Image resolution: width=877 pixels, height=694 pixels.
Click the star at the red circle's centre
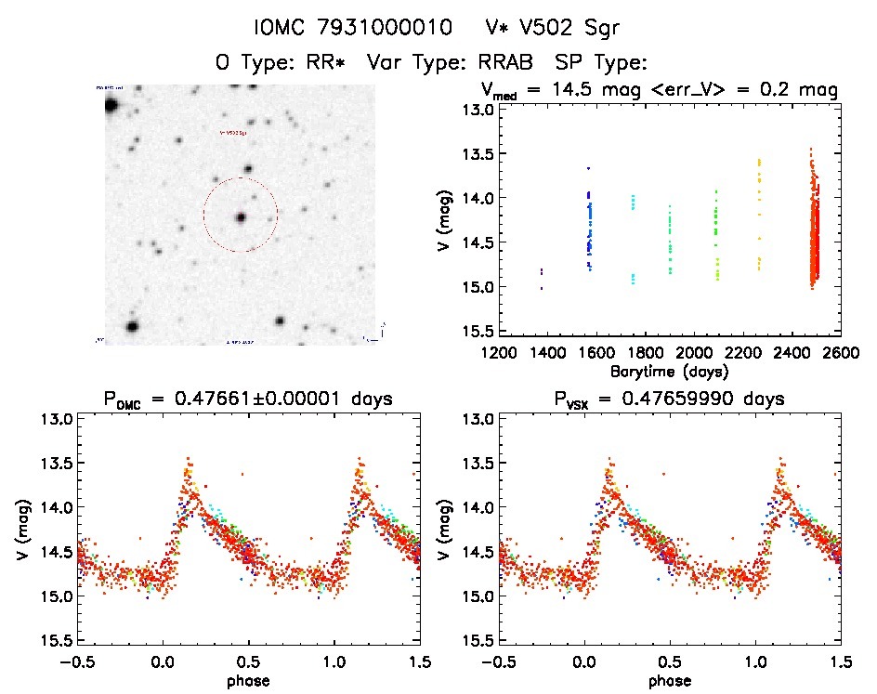(x=241, y=217)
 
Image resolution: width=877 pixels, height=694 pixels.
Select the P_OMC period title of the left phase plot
(x=247, y=399)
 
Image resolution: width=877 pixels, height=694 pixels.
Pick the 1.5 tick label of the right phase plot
(x=840, y=662)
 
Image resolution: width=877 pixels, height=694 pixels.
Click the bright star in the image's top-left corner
(x=111, y=105)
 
